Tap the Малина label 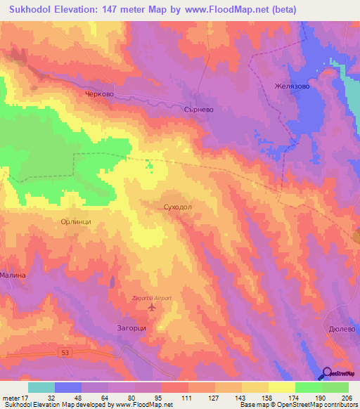point(13,275)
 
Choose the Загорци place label point(131,327)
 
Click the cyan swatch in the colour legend point(41,387)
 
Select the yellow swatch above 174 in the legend point(282,387)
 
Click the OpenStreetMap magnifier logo point(327,374)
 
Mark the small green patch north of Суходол point(149,166)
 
